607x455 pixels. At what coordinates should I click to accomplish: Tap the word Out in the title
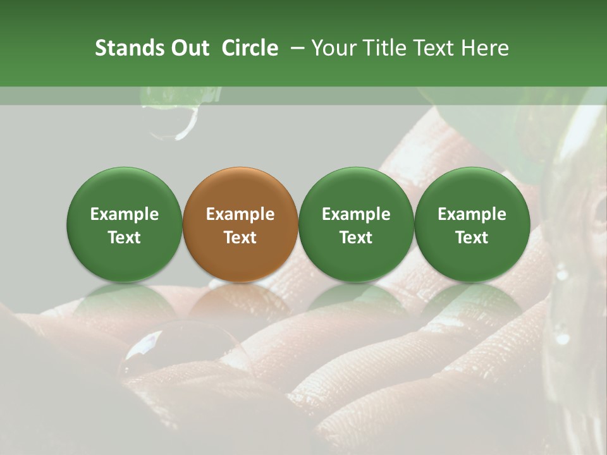188,48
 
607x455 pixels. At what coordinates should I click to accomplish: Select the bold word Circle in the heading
250,48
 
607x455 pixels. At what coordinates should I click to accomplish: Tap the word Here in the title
484,48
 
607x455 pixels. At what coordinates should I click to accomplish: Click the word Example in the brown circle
240,214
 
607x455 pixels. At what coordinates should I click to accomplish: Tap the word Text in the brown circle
240,238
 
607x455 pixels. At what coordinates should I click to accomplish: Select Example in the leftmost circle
125,214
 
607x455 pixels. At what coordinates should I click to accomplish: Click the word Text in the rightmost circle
472,238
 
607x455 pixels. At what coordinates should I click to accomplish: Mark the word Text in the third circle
356,238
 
